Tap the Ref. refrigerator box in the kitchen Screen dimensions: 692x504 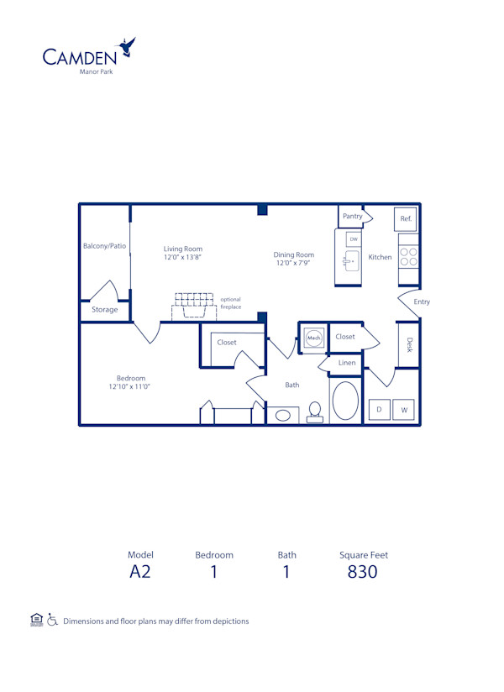[x=406, y=218]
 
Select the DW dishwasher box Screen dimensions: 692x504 [x=354, y=239]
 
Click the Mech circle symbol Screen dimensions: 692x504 [x=313, y=338]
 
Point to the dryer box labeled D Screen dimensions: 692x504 [x=379, y=410]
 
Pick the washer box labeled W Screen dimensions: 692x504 [x=404, y=410]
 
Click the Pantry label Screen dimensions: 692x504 [x=353, y=216]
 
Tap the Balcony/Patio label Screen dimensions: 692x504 [x=104, y=246]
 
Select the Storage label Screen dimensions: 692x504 [x=105, y=310]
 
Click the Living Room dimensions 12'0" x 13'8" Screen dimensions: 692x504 [x=182, y=257]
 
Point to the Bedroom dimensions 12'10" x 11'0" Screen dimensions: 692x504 [x=129, y=386]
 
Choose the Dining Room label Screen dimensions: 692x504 [x=294, y=254]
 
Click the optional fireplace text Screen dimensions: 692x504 [x=231, y=303]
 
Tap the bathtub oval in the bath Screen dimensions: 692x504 [x=345, y=401]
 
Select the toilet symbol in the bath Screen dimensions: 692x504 [x=315, y=412]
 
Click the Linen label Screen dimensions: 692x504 [x=347, y=363]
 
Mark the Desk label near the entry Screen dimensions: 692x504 [x=409, y=344]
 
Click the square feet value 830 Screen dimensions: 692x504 [x=363, y=573]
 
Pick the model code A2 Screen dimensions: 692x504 [x=140, y=573]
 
